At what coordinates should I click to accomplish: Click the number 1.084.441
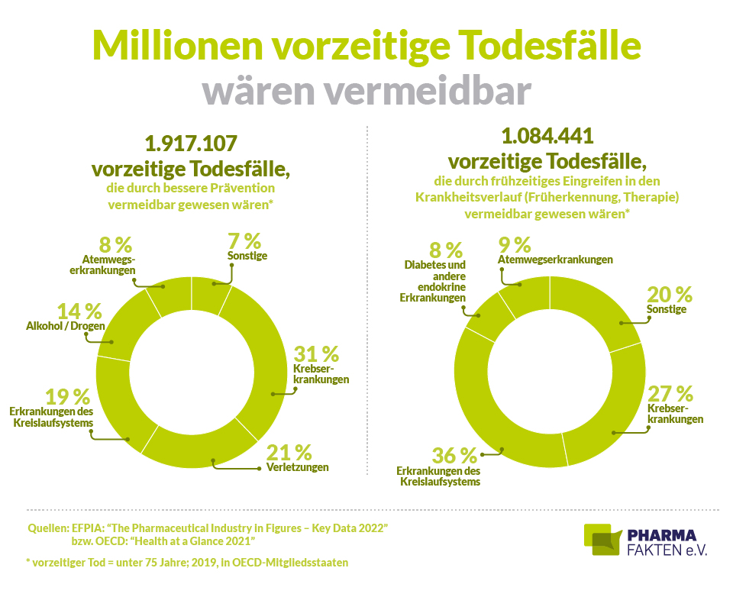pyautogui.click(x=547, y=137)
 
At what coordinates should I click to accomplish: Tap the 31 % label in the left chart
pyautogui.click(x=315, y=353)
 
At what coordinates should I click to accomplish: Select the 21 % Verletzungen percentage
pyautogui.click(x=289, y=451)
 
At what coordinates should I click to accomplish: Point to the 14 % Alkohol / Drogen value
pyautogui.click(x=79, y=311)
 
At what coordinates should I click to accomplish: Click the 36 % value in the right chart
pyautogui.click(x=454, y=457)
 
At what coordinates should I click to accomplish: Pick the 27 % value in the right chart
pyautogui.click(x=670, y=394)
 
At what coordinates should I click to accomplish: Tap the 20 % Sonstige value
pyautogui.click(x=670, y=294)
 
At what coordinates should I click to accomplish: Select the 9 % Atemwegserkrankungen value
pyautogui.click(x=514, y=245)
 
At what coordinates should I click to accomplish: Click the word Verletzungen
pyautogui.click(x=298, y=467)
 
